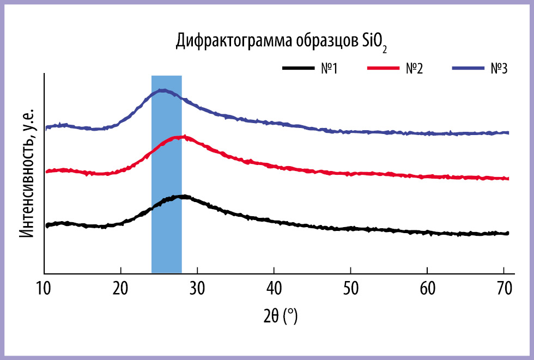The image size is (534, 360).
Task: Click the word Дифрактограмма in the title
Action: [x=234, y=41]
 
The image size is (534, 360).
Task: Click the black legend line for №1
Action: [x=299, y=68]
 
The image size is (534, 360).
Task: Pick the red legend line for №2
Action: [x=383, y=68]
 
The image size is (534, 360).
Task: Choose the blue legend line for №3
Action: [x=468, y=68]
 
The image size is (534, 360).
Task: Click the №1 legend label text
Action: [x=329, y=69]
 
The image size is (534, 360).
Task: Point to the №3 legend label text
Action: [x=499, y=69]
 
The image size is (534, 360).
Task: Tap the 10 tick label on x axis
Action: [x=44, y=289]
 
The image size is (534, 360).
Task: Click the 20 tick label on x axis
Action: [x=120, y=289]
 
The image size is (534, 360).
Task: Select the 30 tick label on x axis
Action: [x=197, y=289]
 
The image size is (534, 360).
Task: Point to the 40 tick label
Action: [x=274, y=289]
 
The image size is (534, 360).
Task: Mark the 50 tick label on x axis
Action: [x=350, y=289]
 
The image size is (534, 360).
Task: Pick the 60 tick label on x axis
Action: [x=427, y=289]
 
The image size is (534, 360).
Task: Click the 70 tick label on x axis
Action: [x=504, y=289]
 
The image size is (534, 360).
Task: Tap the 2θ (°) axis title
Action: [x=281, y=316]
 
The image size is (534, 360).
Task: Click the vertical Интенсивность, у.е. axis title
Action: [x=27, y=174]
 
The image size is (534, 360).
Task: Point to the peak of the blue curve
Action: [x=162, y=90]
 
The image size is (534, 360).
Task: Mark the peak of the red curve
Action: [x=180, y=137]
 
